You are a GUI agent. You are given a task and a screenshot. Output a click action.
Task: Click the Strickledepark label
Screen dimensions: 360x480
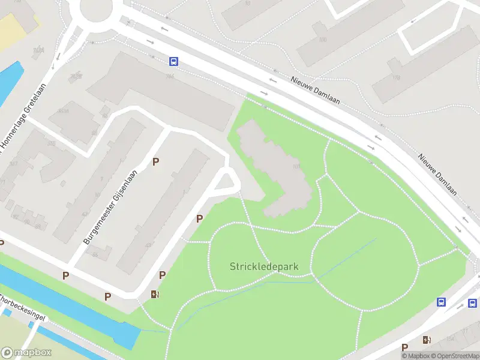tap(263, 266)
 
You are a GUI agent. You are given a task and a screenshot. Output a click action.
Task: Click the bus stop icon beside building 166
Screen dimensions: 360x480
tap(173, 61)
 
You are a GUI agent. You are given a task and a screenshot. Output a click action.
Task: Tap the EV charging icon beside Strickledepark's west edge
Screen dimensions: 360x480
tap(155, 293)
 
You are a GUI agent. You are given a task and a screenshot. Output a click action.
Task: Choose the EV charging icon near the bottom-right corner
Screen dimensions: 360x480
tap(427, 340)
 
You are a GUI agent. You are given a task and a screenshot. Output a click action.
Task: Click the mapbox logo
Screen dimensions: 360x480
tap(26, 353)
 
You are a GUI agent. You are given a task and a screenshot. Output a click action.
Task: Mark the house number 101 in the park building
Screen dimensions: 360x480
tap(295, 167)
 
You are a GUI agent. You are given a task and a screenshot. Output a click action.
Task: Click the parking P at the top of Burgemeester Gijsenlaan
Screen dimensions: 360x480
tap(155, 161)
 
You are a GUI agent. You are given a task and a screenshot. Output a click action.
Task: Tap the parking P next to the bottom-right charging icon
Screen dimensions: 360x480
tap(405, 347)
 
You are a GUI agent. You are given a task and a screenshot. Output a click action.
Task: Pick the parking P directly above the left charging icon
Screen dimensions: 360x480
tap(162, 275)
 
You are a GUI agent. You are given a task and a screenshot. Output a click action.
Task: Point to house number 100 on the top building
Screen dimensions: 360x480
tap(323, 40)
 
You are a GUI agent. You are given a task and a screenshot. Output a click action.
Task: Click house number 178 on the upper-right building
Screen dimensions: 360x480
tap(395, 77)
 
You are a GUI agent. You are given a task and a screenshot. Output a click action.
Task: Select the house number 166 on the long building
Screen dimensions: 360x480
tap(170, 77)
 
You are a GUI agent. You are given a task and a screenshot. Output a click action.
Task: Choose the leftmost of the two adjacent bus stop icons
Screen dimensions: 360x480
tap(442, 302)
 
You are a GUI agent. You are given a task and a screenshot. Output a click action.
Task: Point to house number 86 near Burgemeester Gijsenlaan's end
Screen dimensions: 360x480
tap(95, 255)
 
